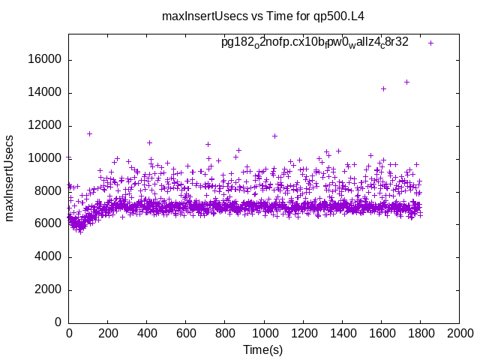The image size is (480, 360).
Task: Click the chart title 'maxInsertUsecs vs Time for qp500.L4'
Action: point(268,16)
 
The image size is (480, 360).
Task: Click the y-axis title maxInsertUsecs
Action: point(10,178)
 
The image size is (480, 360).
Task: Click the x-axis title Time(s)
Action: point(263,349)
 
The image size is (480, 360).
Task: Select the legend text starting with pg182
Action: point(314,42)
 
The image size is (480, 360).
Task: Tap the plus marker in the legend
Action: point(431,43)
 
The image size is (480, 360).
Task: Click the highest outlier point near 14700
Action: point(406,82)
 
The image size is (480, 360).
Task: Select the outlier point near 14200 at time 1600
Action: point(383,88)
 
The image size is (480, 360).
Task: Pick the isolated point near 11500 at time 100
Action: point(89,133)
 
